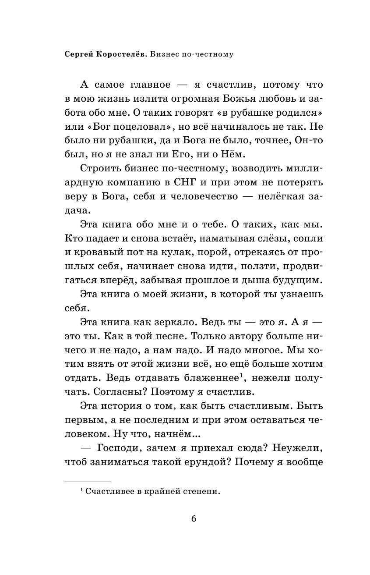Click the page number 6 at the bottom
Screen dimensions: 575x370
(194, 518)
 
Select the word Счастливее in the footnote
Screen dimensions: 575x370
(107, 491)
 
